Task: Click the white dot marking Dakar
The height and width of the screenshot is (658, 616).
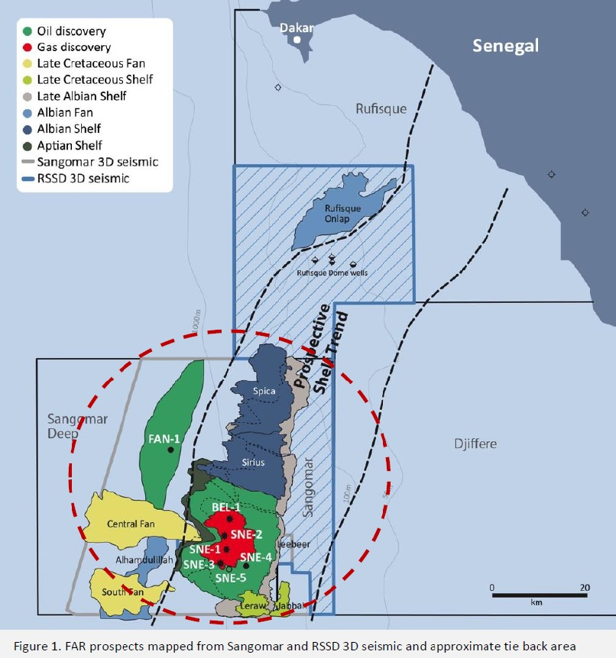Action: pyautogui.click(x=299, y=39)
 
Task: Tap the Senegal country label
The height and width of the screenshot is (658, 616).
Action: pyautogui.click(x=505, y=45)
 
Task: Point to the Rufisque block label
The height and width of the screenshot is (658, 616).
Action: pyautogui.click(x=381, y=109)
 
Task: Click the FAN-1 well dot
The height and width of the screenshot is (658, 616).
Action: pyautogui.click(x=170, y=450)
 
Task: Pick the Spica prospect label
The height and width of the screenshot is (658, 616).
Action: pyautogui.click(x=264, y=392)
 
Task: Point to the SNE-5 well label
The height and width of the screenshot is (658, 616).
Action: pyautogui.click(x=229, y=578)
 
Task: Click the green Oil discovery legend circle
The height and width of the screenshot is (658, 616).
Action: pyautogui.click(x=28, y=31)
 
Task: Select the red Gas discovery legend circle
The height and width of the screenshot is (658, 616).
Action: pyautogui.click(x=28, y=47)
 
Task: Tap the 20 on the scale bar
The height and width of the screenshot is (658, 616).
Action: pyautogui.click(x=585, y=588)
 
